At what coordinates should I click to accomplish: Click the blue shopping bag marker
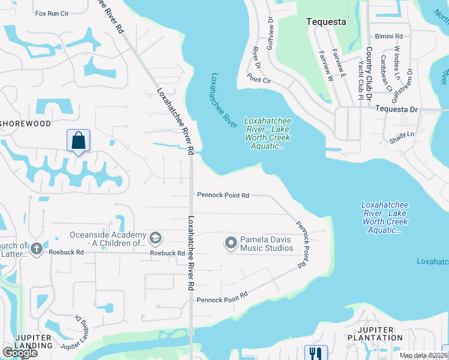pos(78,141)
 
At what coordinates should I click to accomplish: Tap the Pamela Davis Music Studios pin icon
pos(231,243)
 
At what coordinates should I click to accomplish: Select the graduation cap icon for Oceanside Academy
pos(155,239)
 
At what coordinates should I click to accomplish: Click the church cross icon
pos(36,248)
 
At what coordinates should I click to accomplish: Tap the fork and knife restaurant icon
pos(314,353)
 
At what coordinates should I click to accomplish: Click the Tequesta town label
pos(326,22)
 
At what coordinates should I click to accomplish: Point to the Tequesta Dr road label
pos(396,109)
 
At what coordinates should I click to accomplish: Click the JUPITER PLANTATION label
pos(380,334)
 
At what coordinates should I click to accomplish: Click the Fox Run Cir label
pos(53,13)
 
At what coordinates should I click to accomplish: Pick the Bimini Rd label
pos(388,36)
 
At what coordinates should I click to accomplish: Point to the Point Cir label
pos(259,77)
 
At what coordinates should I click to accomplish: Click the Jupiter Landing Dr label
pos(82,334)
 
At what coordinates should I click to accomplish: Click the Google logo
pos(20,353)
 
